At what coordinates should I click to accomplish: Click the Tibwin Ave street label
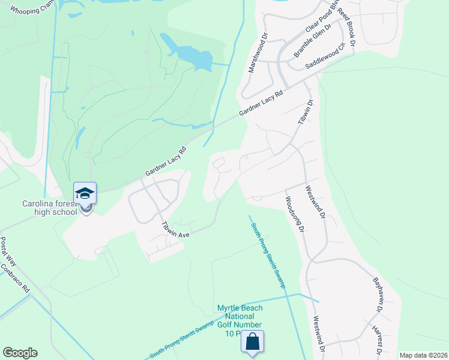pyautogui.click(x=175, y=230)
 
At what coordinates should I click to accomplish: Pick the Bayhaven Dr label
pyautogui.click(x=377, y=295)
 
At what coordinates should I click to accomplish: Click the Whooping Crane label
pyautogui.click(x=32, y=11)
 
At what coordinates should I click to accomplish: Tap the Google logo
pyautogui.click(x=20, y=353)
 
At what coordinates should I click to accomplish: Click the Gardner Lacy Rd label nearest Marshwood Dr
pyautogui.click(x=261, y=103)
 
